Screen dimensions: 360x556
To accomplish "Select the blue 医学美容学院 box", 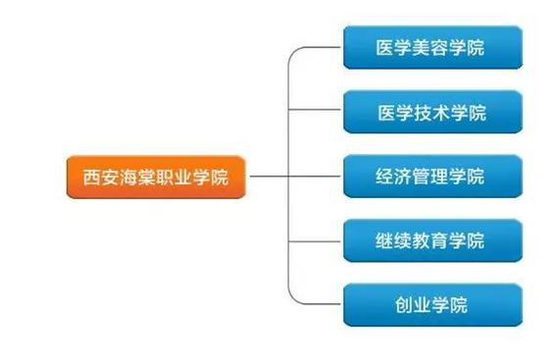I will pyautogui.click(x=430, y=47).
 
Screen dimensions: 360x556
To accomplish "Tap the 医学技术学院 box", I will pyautogui.click(x=430, y=112).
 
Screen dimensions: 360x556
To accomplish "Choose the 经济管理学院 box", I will pyautogui.click(x=430, y=178).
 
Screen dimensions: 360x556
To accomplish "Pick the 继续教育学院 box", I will pyautogui.click(x=430, y=241).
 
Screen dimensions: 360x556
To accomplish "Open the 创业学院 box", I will pyautogui.click(x=430, y=305).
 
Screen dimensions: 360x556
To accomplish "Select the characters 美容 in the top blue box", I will pyautogui.click(x=430, y=48).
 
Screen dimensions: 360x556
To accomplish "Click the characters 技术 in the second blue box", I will pyautogui.click(x=430, y=113).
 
